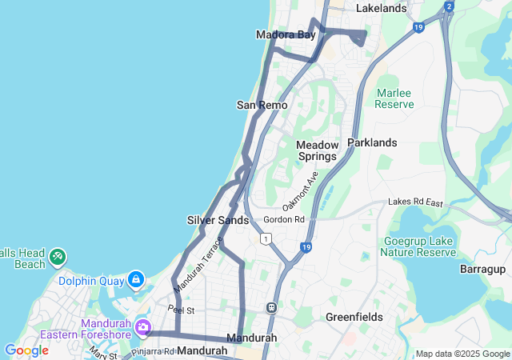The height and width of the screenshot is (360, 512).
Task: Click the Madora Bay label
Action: (286, 34)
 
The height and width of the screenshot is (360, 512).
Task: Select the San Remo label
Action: (257, 105)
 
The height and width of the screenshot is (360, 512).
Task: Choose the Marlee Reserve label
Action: (394, 98)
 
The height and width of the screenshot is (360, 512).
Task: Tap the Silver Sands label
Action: (218, 220)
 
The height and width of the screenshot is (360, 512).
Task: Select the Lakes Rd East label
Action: (415, 203)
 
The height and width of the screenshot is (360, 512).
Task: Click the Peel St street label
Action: (181, 309)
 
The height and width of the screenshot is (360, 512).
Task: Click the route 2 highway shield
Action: (449, 7)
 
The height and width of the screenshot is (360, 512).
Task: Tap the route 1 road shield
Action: (265, 238)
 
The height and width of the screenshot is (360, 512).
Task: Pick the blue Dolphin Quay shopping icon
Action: (136, 279)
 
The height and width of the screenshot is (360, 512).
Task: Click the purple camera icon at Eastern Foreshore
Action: (143, 326)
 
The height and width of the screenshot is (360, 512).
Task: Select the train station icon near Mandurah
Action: (272, 306)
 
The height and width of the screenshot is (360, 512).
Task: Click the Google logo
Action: (26, 350)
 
